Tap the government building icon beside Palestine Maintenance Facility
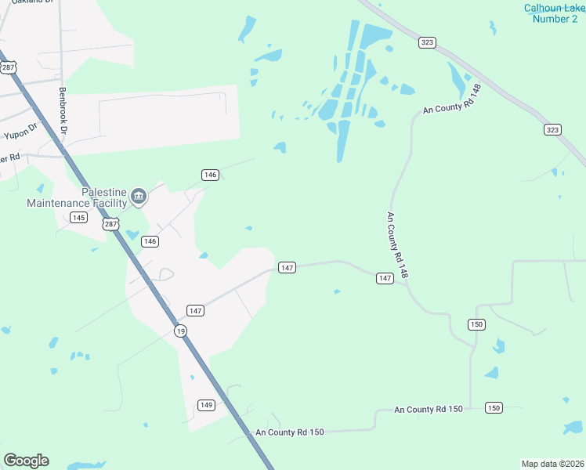click(x=139, y=196)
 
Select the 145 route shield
click(x=78, y=217)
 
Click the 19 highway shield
click(x=181, y=331)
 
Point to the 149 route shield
click(x=206, y=405)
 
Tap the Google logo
click(x=26, y=461)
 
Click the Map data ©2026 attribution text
click(x=552, y=463)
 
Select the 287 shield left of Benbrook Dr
click(x=9, y=68)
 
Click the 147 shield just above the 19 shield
click(x=196, y=311)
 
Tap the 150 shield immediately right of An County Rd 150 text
click(x=494, y=407)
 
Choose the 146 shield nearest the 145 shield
click(x=150, y=241)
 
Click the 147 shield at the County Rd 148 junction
click(x=385, y=278)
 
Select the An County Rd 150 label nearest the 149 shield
click(x=289, y=432)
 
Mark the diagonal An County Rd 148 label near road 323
click(x=450, y=100)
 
